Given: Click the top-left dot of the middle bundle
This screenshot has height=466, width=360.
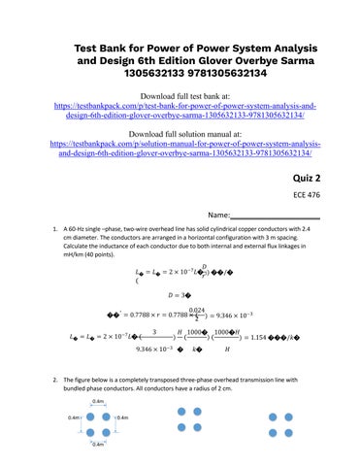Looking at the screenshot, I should pyautogui.click(x=180, y=413).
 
